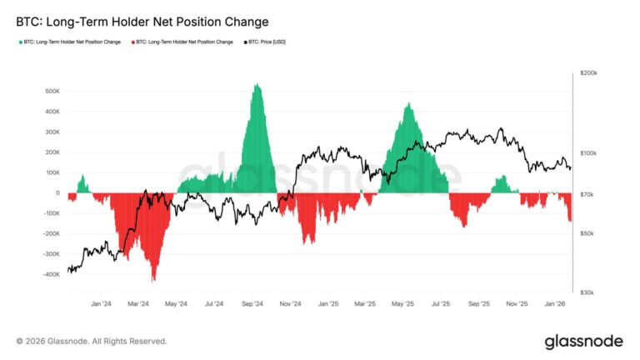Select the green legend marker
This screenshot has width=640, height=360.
click(20, 42)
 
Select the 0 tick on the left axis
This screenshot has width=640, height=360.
click(57, 193)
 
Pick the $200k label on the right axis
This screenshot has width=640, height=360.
click(590, 73)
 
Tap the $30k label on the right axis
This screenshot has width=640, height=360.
click(588, 292)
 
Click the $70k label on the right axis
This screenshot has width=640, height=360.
click(588, 194)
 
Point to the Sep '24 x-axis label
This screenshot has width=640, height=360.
click(253, 304)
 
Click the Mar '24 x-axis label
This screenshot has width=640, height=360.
click(139, 304)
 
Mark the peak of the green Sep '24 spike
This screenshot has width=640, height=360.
click(257, 84)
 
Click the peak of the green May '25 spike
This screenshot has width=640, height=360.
click(408, 104)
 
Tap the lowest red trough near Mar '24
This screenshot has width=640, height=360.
click(153, 280)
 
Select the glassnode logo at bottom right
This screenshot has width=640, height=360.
click(582, 341)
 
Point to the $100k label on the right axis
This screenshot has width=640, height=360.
click(590, 153)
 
